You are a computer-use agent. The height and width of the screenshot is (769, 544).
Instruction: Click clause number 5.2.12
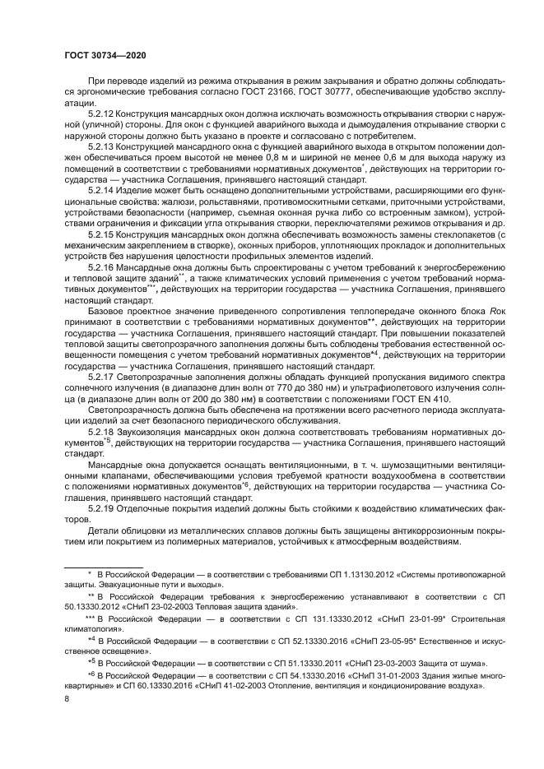(x=100, y=113)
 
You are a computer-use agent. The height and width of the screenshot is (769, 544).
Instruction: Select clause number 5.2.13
(x=100, y=146)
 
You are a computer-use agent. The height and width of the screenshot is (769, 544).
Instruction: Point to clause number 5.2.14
(x=100, y=189)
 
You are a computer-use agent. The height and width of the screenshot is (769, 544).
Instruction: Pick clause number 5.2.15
(x=100, y=233)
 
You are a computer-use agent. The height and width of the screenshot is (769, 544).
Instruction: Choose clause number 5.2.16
(x=100, y=266)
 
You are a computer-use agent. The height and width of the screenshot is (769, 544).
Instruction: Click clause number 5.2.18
(x=100, y=430)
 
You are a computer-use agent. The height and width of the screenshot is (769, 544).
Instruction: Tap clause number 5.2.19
(x=100, y=507)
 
